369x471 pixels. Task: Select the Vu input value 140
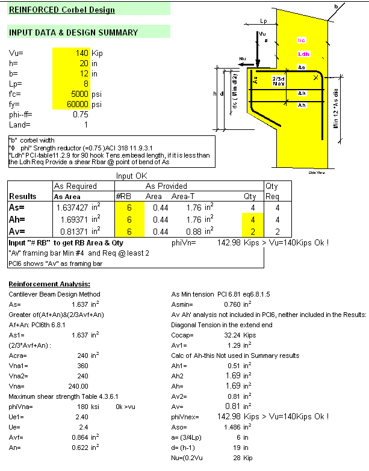point(81,53)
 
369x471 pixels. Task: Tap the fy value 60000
point(76,104)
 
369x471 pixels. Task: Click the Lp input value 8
point(87,84)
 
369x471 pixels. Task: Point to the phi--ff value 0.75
point(80,114)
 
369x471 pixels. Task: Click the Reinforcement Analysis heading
point(49,283)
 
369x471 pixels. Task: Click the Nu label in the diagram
point(243,60)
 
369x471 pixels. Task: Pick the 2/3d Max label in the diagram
point(278,81)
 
